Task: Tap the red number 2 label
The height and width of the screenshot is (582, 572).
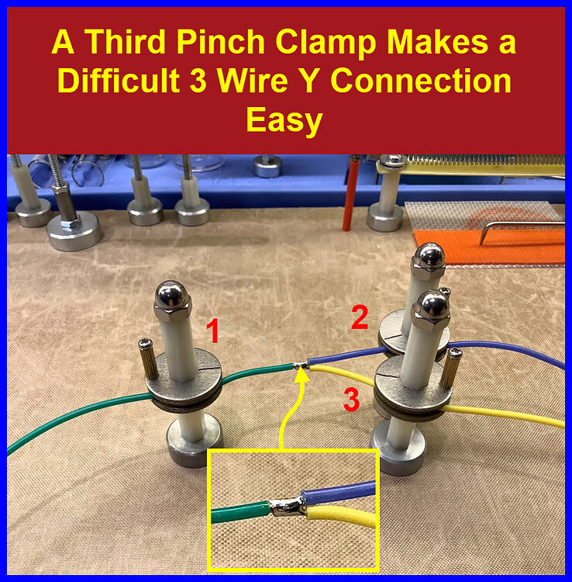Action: [x=359, y=318]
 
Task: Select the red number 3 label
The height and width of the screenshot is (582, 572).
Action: [x=352, y=400]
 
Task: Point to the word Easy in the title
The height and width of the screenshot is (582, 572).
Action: [x=284, y=121]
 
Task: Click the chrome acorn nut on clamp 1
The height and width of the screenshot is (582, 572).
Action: [x=168, y=296]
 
